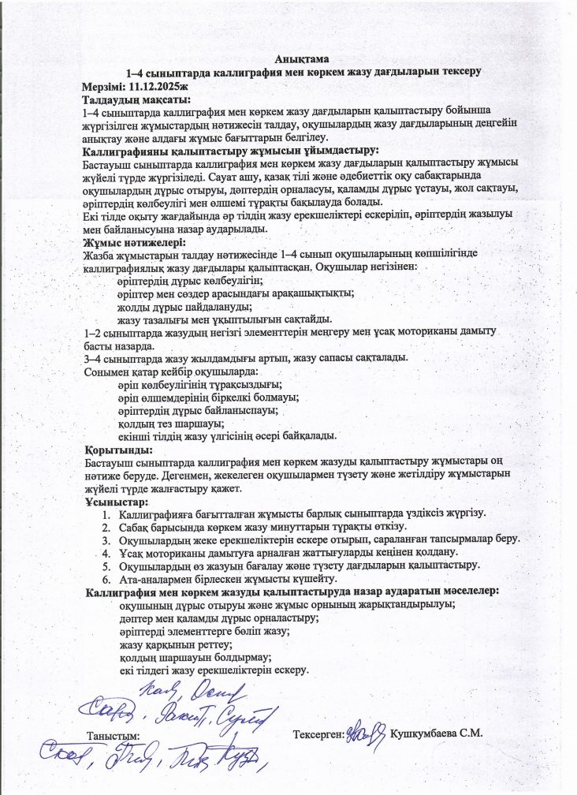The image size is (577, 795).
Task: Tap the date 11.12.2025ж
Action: (162, 86)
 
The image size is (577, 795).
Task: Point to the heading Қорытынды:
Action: (118, 448)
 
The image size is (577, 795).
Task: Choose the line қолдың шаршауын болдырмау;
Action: (194, 657)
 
